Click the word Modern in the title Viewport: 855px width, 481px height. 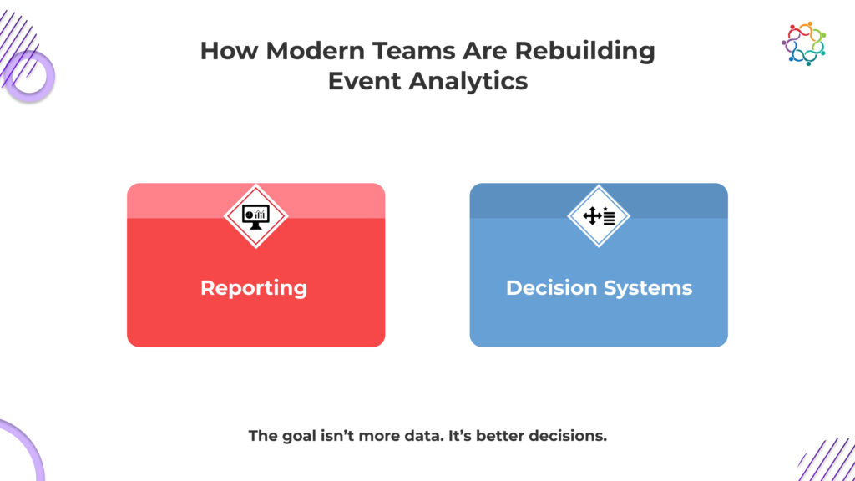click(x=315, y=51)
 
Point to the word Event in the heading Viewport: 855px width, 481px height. click(x=364, y=81)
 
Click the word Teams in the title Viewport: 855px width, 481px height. click(x=413, y=51)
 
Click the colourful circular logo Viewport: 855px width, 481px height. click(x=804, y=43)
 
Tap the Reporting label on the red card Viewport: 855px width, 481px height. click(x=254, y=288)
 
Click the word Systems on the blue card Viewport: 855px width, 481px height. click(x=647, y=289)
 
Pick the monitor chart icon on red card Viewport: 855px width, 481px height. click(x=255, y=216)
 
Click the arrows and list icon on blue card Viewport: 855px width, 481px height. click(x=599, y=216)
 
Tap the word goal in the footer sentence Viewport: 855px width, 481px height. click(x=298, y=436)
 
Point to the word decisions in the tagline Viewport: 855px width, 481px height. click(x=568, y=436)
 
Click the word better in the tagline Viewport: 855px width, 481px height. click(x=499, y=436)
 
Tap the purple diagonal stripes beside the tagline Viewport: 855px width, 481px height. click(x=827, y=460)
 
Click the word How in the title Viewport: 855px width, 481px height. click(x=229, y=51)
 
